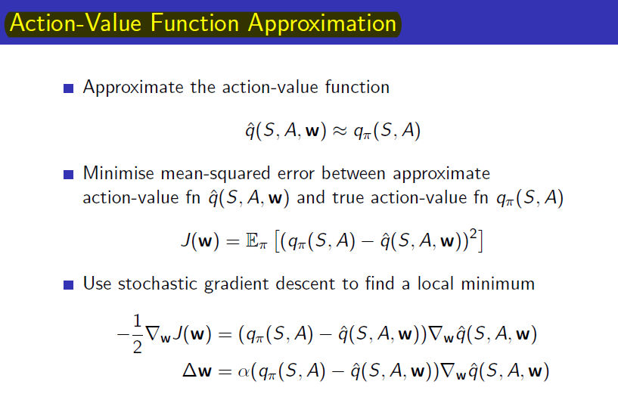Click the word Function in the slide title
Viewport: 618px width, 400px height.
(x=194, y=23)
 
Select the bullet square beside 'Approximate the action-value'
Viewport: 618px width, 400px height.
(x=69, y=88)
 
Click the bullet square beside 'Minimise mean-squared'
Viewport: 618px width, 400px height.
(x=69, y=174)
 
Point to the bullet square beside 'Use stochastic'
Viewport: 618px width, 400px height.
(x=69, y=284)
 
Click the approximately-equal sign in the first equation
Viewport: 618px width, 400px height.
(x=340, y=131)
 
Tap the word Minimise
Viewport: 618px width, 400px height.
(x=119, y=173)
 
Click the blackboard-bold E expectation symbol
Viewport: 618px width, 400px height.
(x=252, y=240)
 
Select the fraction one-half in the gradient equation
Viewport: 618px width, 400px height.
(x=137, y=333)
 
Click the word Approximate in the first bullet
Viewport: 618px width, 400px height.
(x=133, y=88)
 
